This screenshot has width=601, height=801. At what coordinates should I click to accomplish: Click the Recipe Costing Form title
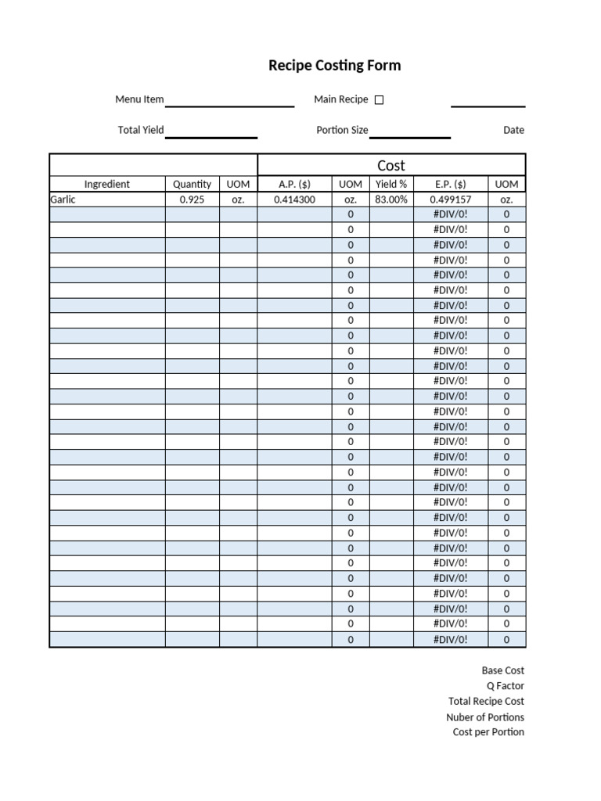334,66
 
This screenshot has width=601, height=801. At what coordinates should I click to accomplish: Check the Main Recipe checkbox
380,100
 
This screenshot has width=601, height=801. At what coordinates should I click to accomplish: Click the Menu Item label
139,99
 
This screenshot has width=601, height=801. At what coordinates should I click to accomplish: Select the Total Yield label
140,130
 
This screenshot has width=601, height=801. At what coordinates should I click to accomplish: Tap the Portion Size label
342,130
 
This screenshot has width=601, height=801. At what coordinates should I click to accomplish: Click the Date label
513,130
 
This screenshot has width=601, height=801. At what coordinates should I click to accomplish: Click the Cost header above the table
391,165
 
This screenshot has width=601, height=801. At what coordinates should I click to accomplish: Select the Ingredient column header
107,185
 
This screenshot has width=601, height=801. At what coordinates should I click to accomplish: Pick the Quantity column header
192,185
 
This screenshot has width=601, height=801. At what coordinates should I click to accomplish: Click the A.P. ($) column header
294,185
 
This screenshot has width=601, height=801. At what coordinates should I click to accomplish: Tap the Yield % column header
391,185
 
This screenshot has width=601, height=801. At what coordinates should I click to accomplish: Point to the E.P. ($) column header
450,185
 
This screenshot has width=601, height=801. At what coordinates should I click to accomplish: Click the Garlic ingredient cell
63,199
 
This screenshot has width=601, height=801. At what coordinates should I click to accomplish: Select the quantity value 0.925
192,199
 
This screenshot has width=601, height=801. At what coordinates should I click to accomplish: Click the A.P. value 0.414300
294,199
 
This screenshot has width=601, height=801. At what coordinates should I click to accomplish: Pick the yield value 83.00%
391,199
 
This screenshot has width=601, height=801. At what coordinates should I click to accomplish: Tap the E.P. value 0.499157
450,199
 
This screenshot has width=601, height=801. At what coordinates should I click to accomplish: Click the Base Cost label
502,670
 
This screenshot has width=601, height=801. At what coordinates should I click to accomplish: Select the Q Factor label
505,686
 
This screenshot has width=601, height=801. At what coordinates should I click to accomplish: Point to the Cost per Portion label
488,732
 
